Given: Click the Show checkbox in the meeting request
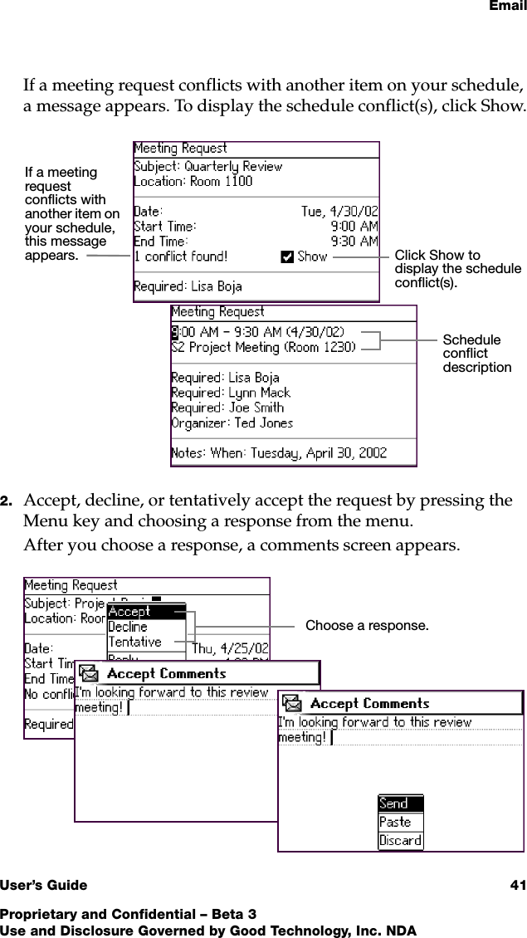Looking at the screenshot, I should [288, 256].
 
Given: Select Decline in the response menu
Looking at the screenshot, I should [128, 627].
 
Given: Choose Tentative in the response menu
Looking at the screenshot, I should [135, 642].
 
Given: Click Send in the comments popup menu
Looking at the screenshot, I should [394, 804].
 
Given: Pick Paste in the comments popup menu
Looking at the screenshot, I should [395, 822].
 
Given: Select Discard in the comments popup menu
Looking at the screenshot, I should [400, 840].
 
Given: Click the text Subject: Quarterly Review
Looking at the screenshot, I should [208, 165].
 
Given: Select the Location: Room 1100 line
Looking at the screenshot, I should [193, 181].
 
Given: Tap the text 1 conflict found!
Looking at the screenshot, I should [181, 256].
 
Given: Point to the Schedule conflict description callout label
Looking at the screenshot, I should [476, 354].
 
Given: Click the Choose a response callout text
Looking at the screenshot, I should [367, 625].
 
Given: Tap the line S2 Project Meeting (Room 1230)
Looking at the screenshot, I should [263, 347].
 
